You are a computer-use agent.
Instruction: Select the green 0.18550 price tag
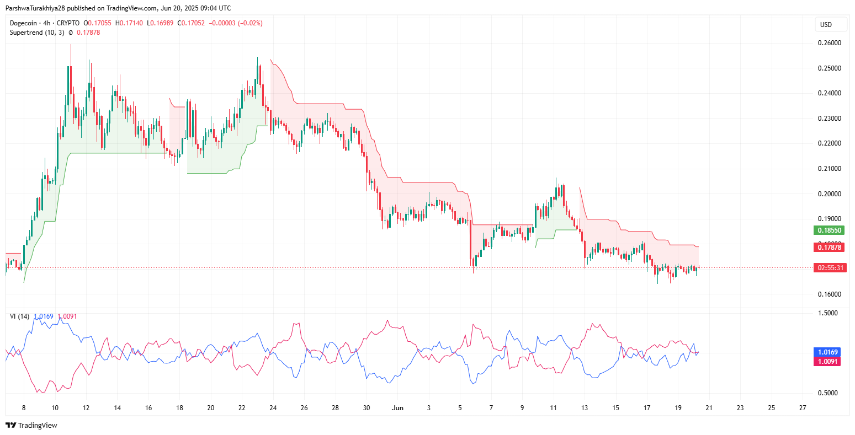(829, 230)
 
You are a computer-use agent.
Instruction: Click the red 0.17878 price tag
(829, 248)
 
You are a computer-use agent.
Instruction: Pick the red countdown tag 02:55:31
(829, 267)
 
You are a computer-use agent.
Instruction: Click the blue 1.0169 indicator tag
(828, 352)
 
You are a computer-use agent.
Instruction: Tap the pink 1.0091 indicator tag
(828, 362)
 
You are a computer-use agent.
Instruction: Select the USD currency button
(826, 25)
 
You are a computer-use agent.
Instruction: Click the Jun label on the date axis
(397, 409)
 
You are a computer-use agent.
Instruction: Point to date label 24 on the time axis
(273, 409)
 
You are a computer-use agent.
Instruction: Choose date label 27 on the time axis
(803, 409)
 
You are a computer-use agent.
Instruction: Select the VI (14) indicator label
(20, 316)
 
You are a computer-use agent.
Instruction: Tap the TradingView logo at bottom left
(31, 425)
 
